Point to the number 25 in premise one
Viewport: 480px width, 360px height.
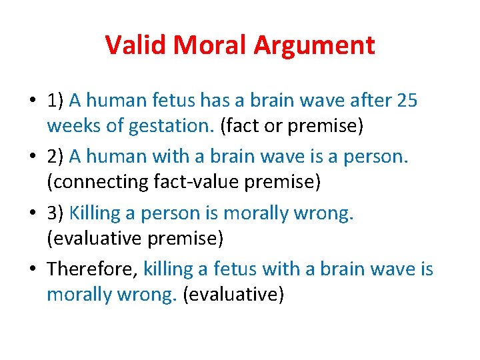click(x=407, y=101)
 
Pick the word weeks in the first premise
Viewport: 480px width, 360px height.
click(x=69, y=126)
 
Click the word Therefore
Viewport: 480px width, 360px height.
click(x=91, y=269)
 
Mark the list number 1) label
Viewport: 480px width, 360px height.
click(x=55, y=101)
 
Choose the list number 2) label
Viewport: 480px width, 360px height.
click(x=55, y=157)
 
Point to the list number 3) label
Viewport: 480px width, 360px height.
click(x=55, y=213)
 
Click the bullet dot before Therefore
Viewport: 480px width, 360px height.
click(x=33, y=269)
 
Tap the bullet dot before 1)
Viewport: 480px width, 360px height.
click(x=33, y=101)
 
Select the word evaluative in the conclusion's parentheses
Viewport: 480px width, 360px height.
click(x=232, y=295)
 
